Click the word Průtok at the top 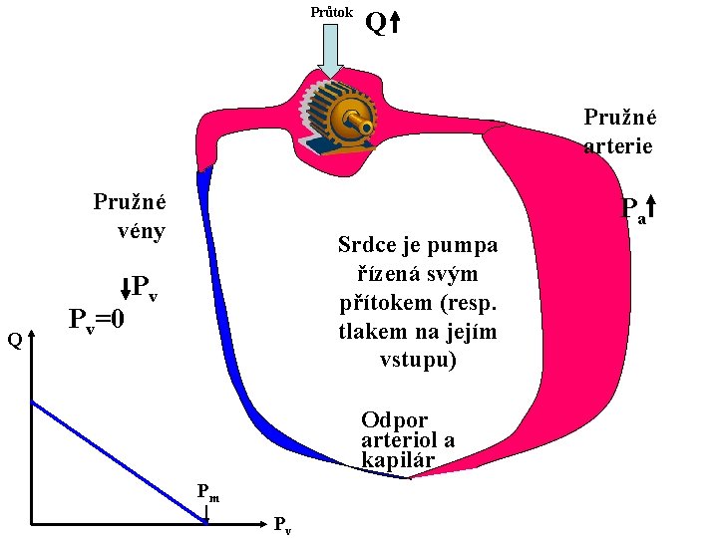click(x=331, y=13)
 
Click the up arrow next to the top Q click(x=395, y=23)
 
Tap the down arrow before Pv click(x=124, y=289)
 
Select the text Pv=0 click(x=96, y=321)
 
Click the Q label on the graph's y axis click(x=14, y=341)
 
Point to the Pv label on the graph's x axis click(x=283, y=526)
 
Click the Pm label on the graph click(x=207, y=490)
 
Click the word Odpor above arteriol click(x=395, y=419)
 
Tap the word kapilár click(x=398, y=460)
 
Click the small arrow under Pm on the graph click(x=206, y=513)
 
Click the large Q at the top click(x=376, y=22)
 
